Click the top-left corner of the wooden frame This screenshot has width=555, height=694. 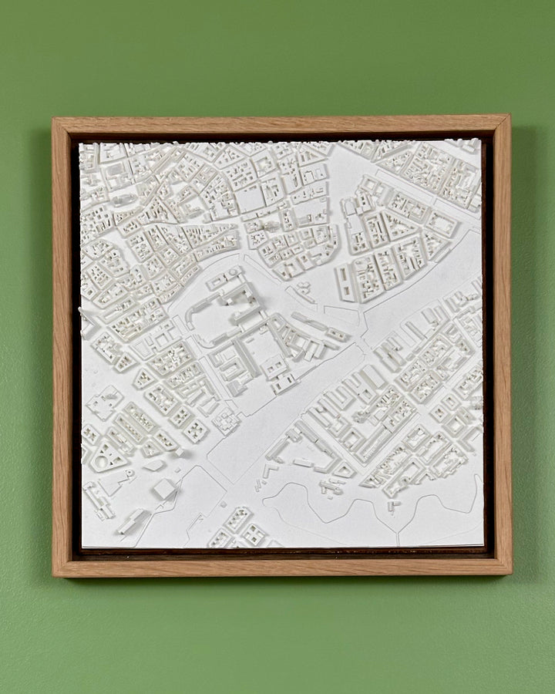[54, 119]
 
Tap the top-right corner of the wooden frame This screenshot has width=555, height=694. [509, 116]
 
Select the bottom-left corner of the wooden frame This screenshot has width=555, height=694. [54, 576]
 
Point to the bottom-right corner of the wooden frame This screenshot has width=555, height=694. [510, 574]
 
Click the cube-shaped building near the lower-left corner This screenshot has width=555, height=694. [164, 489]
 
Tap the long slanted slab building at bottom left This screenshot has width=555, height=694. [133, 521]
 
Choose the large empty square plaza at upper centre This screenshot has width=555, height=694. [251, 200]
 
